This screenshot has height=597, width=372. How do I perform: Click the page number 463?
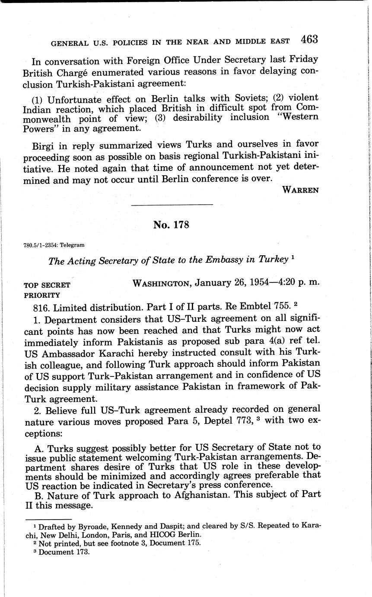click(x=309, y=39)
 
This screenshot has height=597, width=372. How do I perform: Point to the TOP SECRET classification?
click(x=47, y=285)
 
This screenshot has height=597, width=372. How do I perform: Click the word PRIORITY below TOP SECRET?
click(x=42, y=295)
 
